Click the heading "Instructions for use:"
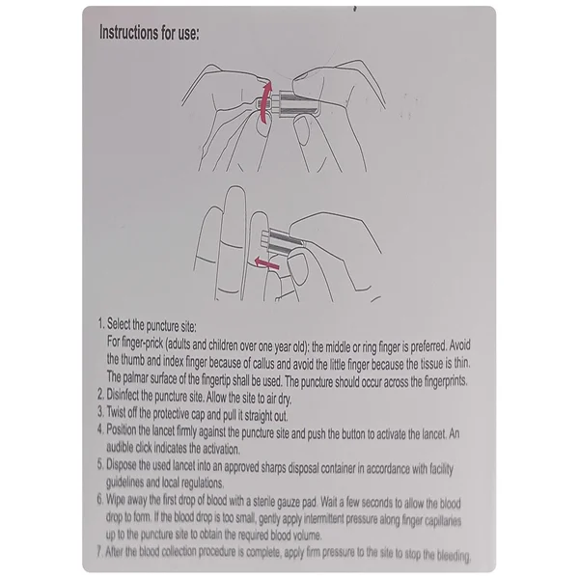[x=150, y=33]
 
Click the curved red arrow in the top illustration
[x=265, y=102]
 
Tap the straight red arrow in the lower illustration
[x=266, y=263]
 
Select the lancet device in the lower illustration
[x=282, y=239]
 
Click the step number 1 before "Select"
[x=100, y=324]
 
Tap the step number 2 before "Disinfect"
[x=100, y=395]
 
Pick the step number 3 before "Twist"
[x=100, y=411]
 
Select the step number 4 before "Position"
[x=100, y=429]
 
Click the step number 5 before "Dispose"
[x=100, y=464]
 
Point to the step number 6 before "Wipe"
[x=100, y=499]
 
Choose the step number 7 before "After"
[x=99, y=552]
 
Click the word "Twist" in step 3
[x=117, y=412]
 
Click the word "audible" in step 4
[x=120, y=447]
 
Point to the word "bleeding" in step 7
[x=454, y=555]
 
